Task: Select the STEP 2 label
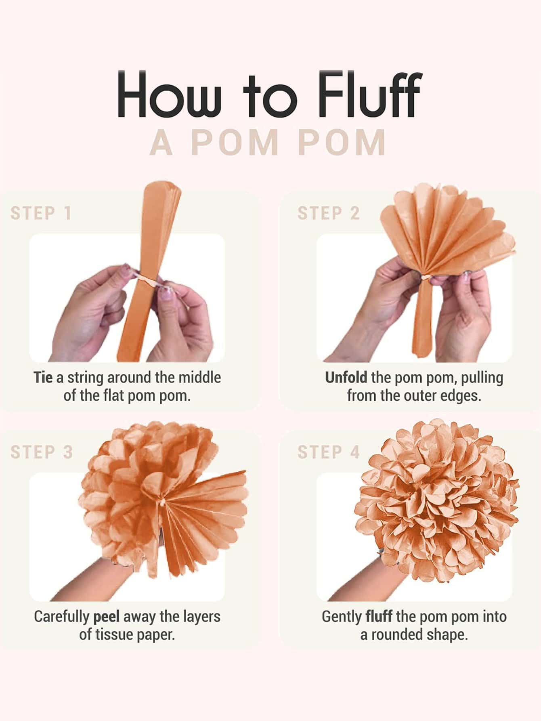[328, 213]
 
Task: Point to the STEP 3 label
[42, 452]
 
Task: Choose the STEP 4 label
[329, 452]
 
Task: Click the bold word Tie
[43, 377]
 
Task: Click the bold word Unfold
[346, 377]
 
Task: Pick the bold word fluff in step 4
[379, 616]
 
